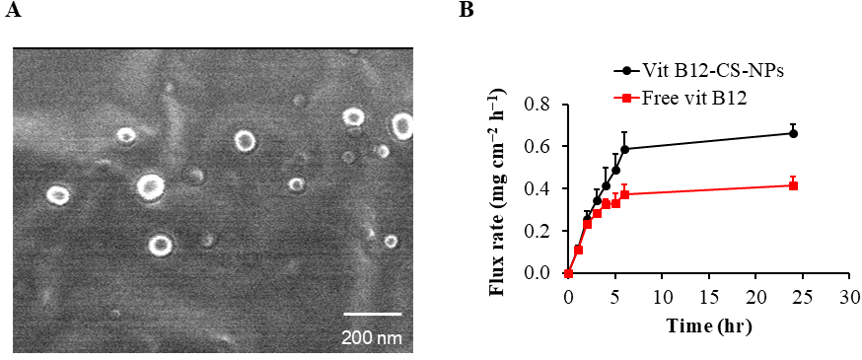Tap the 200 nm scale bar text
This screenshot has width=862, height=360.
pos(371,337)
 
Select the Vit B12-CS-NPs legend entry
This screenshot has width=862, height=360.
pos(690,72)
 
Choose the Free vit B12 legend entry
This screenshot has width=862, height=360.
pos(682,98)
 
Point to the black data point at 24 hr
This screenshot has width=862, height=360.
pos(793,133)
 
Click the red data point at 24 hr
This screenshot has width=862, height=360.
pos(793,185)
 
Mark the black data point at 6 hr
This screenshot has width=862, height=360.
pos(624,149)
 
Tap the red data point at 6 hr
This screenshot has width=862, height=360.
pos(624,194)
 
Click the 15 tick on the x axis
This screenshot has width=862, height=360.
pos(708,295)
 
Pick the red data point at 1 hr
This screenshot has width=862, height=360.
pos(578,250)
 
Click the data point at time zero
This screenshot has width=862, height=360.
pos(568,273)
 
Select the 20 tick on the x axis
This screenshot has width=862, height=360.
pos(755,295)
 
